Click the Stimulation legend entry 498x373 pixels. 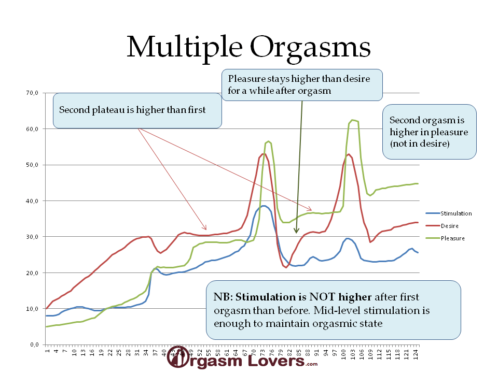click(455, 213)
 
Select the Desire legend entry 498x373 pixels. click(449, 226)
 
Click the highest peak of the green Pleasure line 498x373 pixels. click(353, 120)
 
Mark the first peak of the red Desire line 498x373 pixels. click(264, 153)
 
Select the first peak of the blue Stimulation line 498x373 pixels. click(264, 206)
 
